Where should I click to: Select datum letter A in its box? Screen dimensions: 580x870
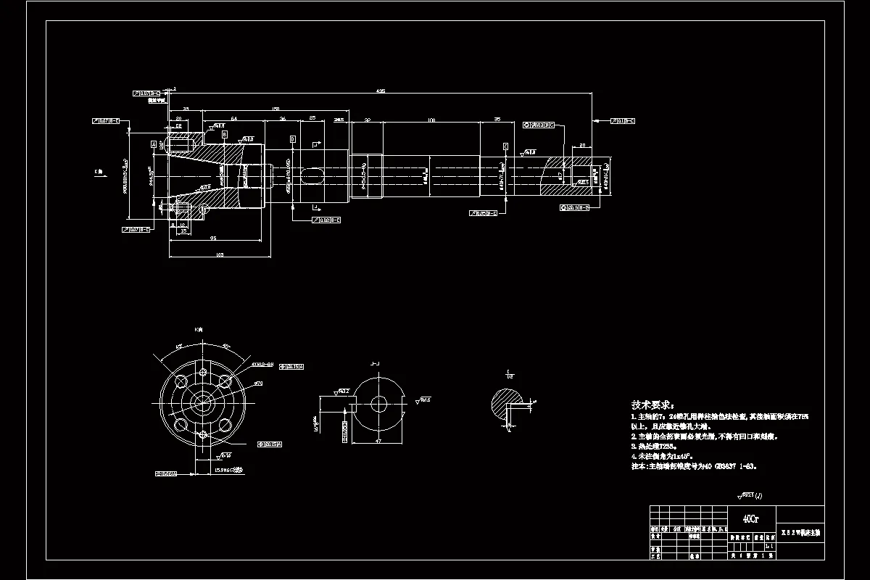point(154,144)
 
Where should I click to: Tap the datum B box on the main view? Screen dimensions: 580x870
point(225,135)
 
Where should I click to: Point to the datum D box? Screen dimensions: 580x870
point(292,138)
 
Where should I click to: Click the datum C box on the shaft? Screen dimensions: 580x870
point(505,146)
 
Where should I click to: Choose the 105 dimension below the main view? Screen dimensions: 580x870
point(220,254)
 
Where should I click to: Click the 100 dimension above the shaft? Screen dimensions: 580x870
point(431,119)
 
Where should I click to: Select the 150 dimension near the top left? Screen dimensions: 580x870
point(275,109)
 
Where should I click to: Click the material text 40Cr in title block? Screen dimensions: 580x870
point(751,519)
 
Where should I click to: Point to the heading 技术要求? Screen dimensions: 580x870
point(652,405)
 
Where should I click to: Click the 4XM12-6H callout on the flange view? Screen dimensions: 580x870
point(262,365)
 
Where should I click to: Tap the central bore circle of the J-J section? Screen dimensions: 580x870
point(378,404)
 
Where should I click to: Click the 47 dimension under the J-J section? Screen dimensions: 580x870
point(378,440)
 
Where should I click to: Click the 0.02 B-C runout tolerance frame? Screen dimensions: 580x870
point(330,220)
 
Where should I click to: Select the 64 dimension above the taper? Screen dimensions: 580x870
point(234,118)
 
